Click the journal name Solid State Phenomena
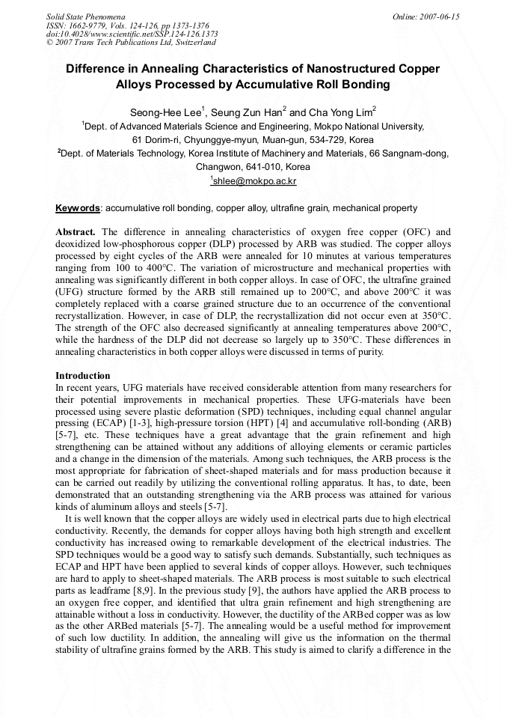85,16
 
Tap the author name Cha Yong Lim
340,112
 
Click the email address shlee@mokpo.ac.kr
254,181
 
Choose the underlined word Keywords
78,207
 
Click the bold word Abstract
76,232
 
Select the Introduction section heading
83,375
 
